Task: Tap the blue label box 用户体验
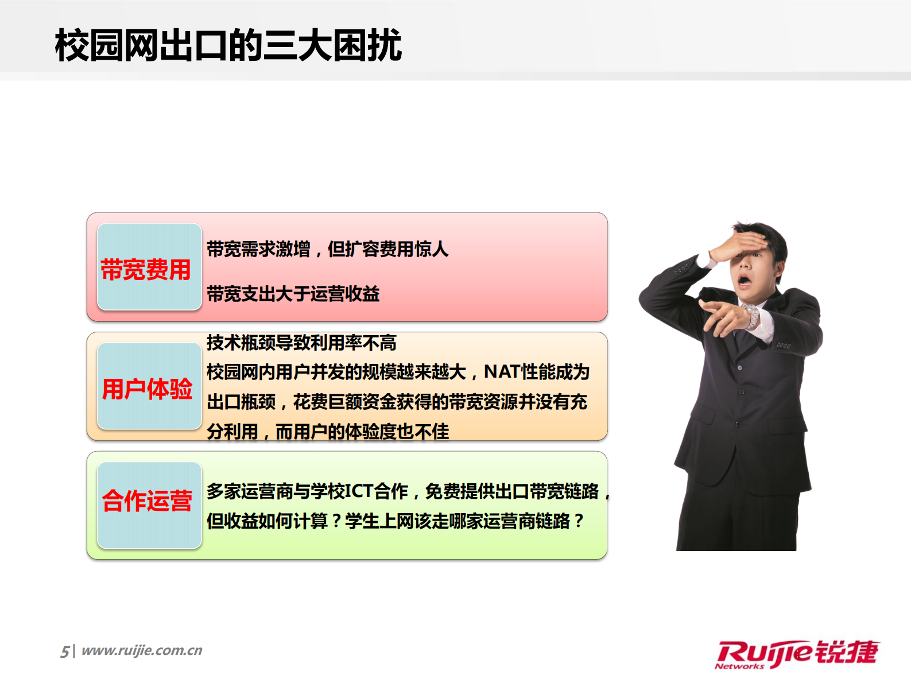point(149,387)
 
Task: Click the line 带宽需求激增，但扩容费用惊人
point(327,249)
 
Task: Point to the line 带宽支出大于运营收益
point(293,294)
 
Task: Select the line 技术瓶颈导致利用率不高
point(301,343)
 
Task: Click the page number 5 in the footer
point(65,651)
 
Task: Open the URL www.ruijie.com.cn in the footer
point(142,650)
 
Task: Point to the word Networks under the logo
point(739,666)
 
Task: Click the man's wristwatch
point(751,316)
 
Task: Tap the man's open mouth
point(745,281)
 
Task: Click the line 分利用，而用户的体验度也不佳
point(328,431)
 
